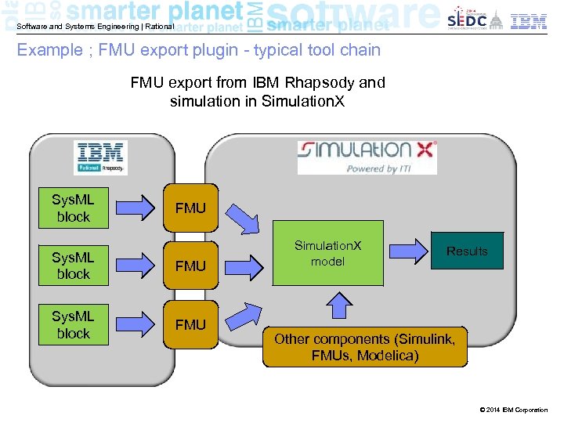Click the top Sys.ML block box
pyautogui.click(x=74, y=208)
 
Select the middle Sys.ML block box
pyautogui.click(x=74, y=266)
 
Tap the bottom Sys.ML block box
pyautogui.click(x=74, y=324)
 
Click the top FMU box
pyautogui.click(x=190, y=208)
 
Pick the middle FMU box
pyautogui.click(x=190, y=266)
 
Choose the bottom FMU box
pyautogui.click(x=190, y=324)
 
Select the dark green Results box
pyautogui.click(x=467, y=251)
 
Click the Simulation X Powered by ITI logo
pyautogui.click(x=367, y=157)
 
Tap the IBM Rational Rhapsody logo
pyautogui.click(x=101, y=157)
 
